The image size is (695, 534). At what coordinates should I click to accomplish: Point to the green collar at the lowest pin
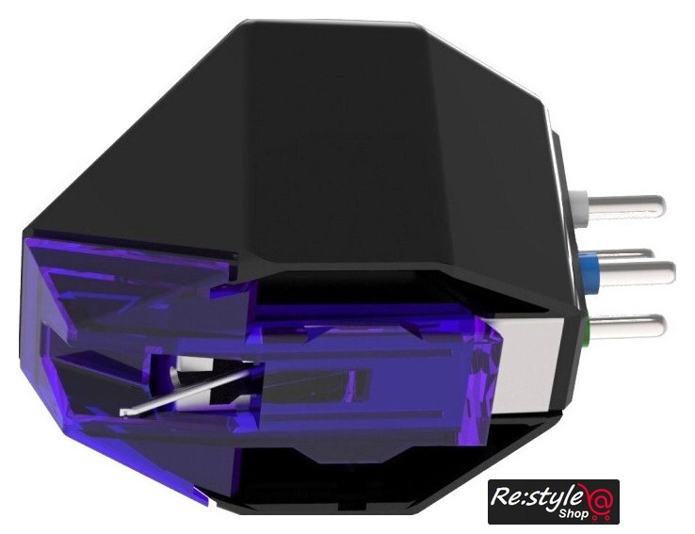586,329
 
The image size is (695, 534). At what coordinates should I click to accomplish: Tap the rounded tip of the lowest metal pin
659,327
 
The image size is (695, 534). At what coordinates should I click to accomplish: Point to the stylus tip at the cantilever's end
124,413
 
